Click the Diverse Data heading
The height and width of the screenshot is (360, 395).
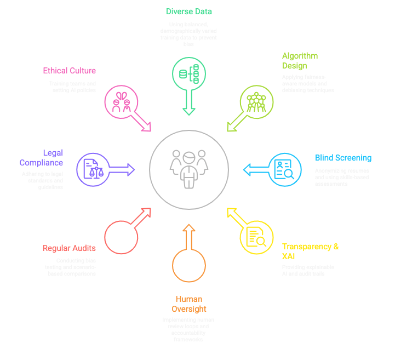(189, 11)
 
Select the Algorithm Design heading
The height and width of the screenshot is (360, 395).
(300, 61)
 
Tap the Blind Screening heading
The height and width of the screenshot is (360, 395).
(343, 158)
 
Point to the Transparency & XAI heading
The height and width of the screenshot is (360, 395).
(310, 251)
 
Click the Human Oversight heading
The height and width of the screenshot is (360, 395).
(189, 304)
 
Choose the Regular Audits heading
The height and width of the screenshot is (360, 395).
(69, 248)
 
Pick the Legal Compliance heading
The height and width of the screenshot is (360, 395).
(42, 158)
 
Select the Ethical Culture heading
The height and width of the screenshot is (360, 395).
(70, 71)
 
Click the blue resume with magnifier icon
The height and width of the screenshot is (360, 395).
(284, 169)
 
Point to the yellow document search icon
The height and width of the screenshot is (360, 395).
(256, 237)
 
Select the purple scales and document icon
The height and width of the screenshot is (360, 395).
(94, 169)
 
